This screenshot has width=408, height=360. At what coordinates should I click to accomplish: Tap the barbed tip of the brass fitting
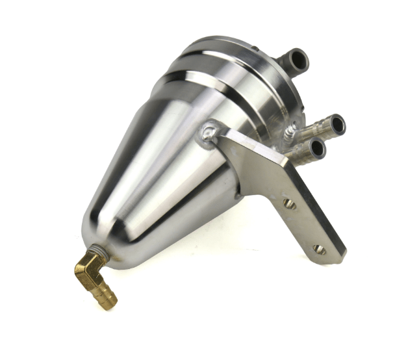tap(108, 300)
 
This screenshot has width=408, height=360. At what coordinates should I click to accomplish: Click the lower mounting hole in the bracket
tap(319, 249)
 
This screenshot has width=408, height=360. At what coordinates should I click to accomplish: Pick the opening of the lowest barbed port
tap(317, 149)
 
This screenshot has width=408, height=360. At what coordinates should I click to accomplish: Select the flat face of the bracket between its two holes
tap(302, 224)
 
